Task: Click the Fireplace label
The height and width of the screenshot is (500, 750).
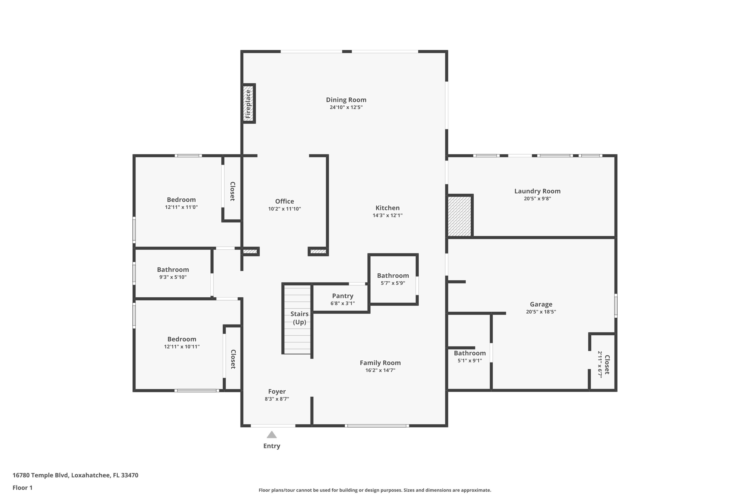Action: pos(248,104)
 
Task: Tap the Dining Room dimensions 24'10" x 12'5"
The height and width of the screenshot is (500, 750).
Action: pos(346,107)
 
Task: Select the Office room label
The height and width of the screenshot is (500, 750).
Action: pos(284,201)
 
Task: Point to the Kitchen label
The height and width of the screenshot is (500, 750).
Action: pos(387,208)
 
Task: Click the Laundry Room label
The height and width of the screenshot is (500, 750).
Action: pos(537,191)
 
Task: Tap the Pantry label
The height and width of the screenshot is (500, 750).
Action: pos(342,296)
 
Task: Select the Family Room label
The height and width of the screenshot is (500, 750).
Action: pos(380,363)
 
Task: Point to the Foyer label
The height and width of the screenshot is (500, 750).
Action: pos(277,391)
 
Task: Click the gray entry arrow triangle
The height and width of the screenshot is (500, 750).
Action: pos(272,435)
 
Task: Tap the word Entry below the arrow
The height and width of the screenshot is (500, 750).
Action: pos(272,446)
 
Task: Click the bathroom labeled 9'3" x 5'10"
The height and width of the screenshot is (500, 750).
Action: pos(173,273)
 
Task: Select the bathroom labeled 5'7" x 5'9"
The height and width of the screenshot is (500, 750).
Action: pos(393,279)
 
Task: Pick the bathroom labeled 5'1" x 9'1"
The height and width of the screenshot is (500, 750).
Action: pos(470,356)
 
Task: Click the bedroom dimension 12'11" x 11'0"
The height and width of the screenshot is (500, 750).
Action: pos(181,207)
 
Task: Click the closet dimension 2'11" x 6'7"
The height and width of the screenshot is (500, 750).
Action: pos(600,364)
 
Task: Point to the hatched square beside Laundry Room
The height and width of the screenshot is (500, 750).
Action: pos(459,216)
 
